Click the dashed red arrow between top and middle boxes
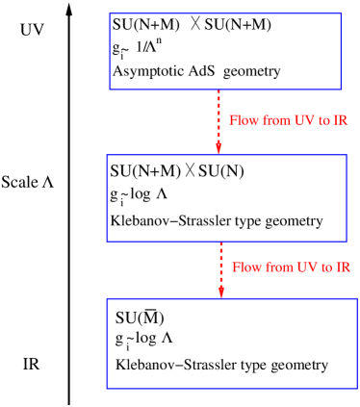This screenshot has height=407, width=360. [x=219, y=115]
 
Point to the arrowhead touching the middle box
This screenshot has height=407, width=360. [x=219, y=148]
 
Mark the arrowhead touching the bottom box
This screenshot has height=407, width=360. [x=220, y=293]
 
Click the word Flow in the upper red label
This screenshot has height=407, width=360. [x=242, y=121]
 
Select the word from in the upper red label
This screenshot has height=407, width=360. [x=274, y=121]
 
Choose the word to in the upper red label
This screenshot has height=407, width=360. [x=325, y=122]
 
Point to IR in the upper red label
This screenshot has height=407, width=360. [x=340, y=121]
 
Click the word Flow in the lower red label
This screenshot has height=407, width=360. [x=245, y=267]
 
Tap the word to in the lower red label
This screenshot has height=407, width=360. [x=328, y=267]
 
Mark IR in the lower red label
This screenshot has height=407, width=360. [x=343, y=267]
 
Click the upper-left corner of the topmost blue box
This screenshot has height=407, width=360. [x=110, y=13]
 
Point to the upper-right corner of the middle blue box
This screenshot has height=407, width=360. [x=347, y=155]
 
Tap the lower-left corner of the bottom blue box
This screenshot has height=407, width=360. [x=107, y=388]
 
